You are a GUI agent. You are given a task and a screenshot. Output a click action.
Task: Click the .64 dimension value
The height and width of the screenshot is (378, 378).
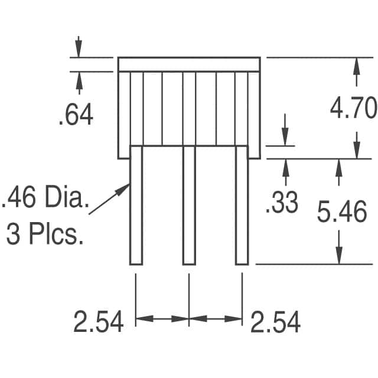pyautogui.click(x=76, y=114)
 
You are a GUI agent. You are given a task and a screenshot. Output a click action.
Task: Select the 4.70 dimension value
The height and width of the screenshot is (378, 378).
pyautogui.click(x=353, y=107)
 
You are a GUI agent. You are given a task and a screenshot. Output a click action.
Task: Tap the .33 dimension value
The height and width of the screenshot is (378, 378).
pyautogui.click(x=282, y=202)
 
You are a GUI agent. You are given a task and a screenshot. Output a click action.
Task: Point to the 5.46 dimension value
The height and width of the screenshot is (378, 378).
pyautogui.click(x=342, y=212)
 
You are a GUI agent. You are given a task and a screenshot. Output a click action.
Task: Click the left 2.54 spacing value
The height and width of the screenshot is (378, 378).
pyautogui.click(x=99, y=321)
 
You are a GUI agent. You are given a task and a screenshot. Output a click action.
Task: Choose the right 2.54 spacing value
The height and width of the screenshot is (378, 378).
pyautogui.click(x=276, y=321)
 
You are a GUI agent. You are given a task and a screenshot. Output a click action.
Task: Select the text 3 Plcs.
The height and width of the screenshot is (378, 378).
pyautogui.click(x=45, y=234)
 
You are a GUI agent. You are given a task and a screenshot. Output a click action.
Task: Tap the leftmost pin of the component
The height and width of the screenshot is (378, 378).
pyautogui.click(x=136, y=206)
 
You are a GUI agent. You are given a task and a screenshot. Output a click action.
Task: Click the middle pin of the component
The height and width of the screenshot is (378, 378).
pyautogui.click(x=189, y=206)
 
